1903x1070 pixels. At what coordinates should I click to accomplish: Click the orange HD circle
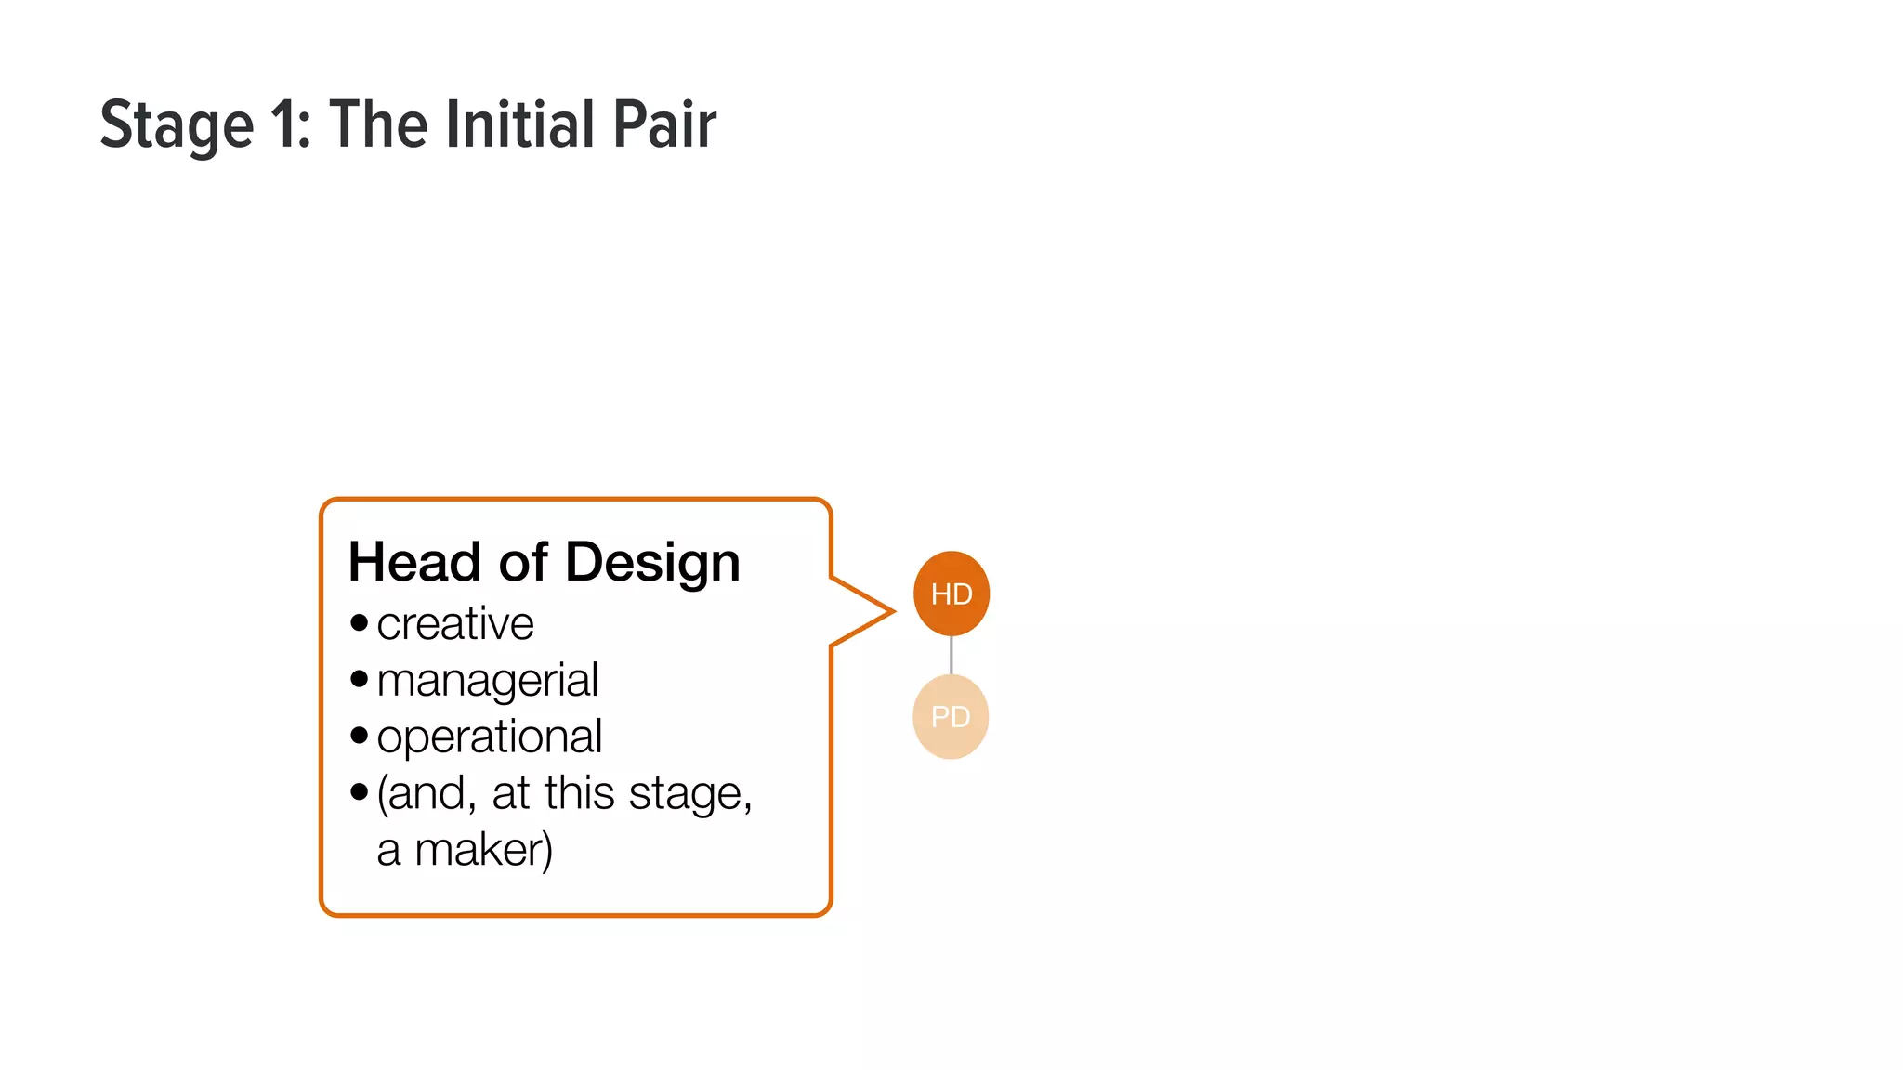(951, 594)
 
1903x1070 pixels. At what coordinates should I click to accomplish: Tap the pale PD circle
(951, 716)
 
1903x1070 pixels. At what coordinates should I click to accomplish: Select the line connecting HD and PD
(951, 656)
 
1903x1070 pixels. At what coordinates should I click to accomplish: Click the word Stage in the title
(177, 126)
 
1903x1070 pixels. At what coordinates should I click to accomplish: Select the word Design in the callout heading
(652, 564)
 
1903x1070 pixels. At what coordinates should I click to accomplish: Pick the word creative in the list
(455, 623)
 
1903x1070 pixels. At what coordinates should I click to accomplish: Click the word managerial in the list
(488, 681)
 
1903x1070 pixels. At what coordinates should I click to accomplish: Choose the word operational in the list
(490, 737)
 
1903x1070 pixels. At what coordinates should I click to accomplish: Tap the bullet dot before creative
(360, 622)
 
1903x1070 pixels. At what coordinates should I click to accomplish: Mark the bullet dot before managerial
(360, 679)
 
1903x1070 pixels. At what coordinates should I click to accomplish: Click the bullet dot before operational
(360, 736)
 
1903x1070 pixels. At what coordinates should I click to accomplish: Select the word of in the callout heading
(523, 562)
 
